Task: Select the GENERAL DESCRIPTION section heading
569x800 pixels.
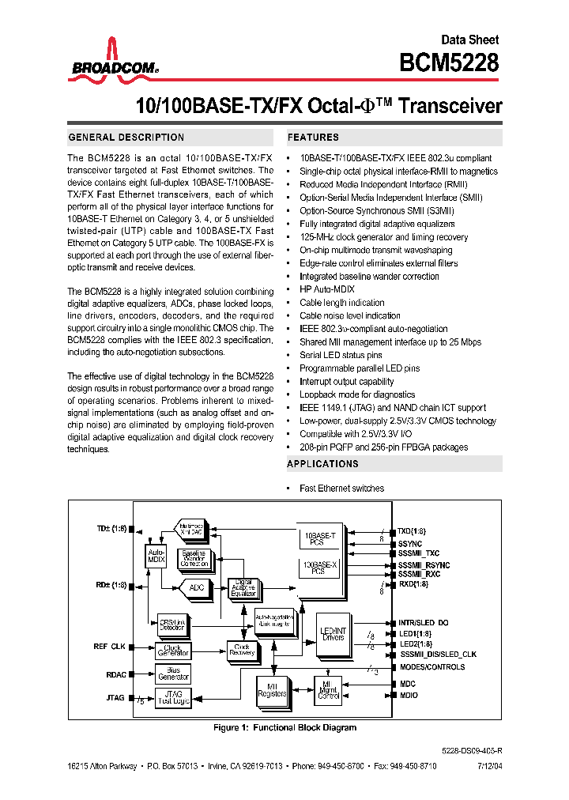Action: pyautogui.click(x=126, y=138)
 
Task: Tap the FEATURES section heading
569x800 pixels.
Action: pyautogui.click(x=314, y=138)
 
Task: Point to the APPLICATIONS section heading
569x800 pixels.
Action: pyautogui.click(x=322, y=464)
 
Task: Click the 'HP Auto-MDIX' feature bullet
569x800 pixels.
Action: pyautogui.click(x=326, y=289)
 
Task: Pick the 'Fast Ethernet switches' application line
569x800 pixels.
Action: pyautogui.click(x=341, y=488)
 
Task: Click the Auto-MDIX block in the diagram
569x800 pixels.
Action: pyautogui.click(x=156, y=555)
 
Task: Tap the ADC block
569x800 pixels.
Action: pyautogui.click(x=195, y=587)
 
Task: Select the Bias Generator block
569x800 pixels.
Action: pyautogui.click(x=174, y=673)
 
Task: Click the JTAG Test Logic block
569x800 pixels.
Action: pyautogui.click(x=174, y=696)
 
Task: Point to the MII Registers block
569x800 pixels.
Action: pyautogui.click(x=272, y=691)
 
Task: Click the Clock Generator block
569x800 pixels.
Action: pyautogui.click(x=173, y=650)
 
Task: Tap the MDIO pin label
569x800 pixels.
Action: pyautogui.click(x=409, y=695)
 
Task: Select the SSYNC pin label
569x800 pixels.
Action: pyautogui.click(x=411, y=545)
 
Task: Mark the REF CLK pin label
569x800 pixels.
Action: pyautogui.click(x=110, y=647)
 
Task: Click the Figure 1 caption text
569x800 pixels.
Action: pyautogui.click(x=285, y=727)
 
